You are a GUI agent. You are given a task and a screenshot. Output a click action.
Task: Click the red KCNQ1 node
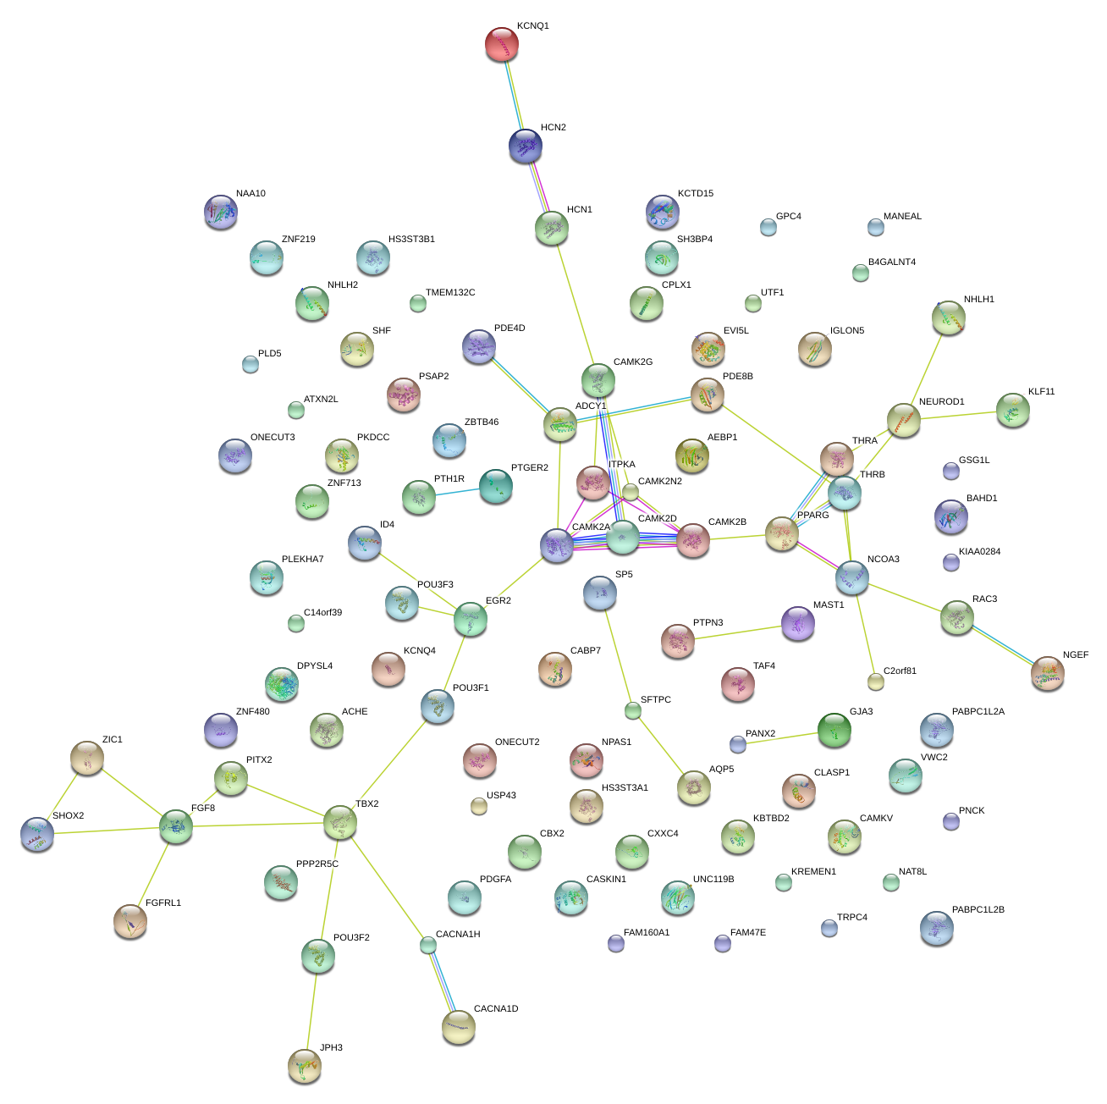(x=501, y=44)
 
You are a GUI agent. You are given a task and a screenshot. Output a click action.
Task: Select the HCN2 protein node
(x=526, y=146)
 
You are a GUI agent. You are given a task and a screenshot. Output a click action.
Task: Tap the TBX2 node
(x=340, y=820)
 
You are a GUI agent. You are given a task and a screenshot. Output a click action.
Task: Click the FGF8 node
(x=176, y=826)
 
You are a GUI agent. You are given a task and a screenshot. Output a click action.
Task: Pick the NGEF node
(x=1048, y=673)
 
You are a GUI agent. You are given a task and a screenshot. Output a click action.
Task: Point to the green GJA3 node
(x=834, y=730)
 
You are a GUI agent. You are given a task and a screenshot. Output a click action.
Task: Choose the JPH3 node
(x=305, y=1066)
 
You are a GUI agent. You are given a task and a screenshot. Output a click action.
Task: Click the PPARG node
(x=782, y=534)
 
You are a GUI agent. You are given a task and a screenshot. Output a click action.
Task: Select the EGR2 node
(x=471, y=619)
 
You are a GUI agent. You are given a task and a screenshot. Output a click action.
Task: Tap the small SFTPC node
(x=633, y=710)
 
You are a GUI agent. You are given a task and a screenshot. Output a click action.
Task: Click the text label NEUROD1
(x=941, y=402)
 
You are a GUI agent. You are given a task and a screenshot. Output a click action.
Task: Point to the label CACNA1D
(x=496, y=1009)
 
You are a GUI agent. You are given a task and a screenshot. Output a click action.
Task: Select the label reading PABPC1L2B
(x=978, y=910)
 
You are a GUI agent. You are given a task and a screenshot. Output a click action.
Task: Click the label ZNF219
(x=298, y=240)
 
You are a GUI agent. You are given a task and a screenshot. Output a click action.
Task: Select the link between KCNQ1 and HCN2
(x=514, y=95)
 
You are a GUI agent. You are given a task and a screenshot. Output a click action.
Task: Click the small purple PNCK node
(x=951, y=820)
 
